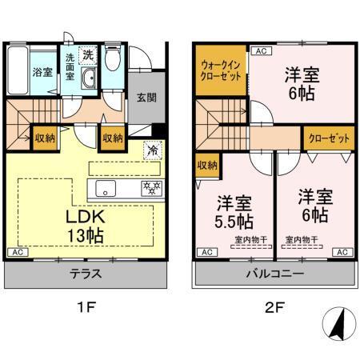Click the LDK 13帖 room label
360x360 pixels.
[82, 226]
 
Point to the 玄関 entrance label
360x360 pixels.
[146, 98]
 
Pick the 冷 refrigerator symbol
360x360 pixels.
[150, 149]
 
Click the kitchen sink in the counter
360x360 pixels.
[107, 189]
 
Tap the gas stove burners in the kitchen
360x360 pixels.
[150, 189]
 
